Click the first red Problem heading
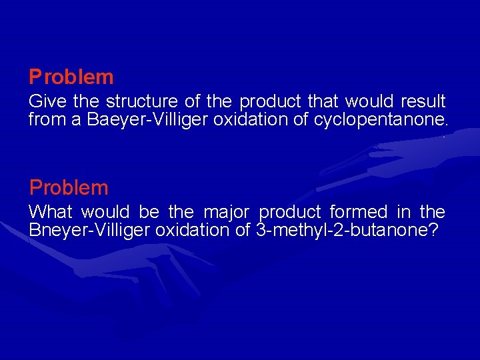[x=71, y=77]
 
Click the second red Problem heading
[x=69, y=187]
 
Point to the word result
[x=423, y=102]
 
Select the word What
[x=51, y=212]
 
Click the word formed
[x=359, y=212]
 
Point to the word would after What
[x=105, y=212]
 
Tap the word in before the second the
[x=403, y=212]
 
